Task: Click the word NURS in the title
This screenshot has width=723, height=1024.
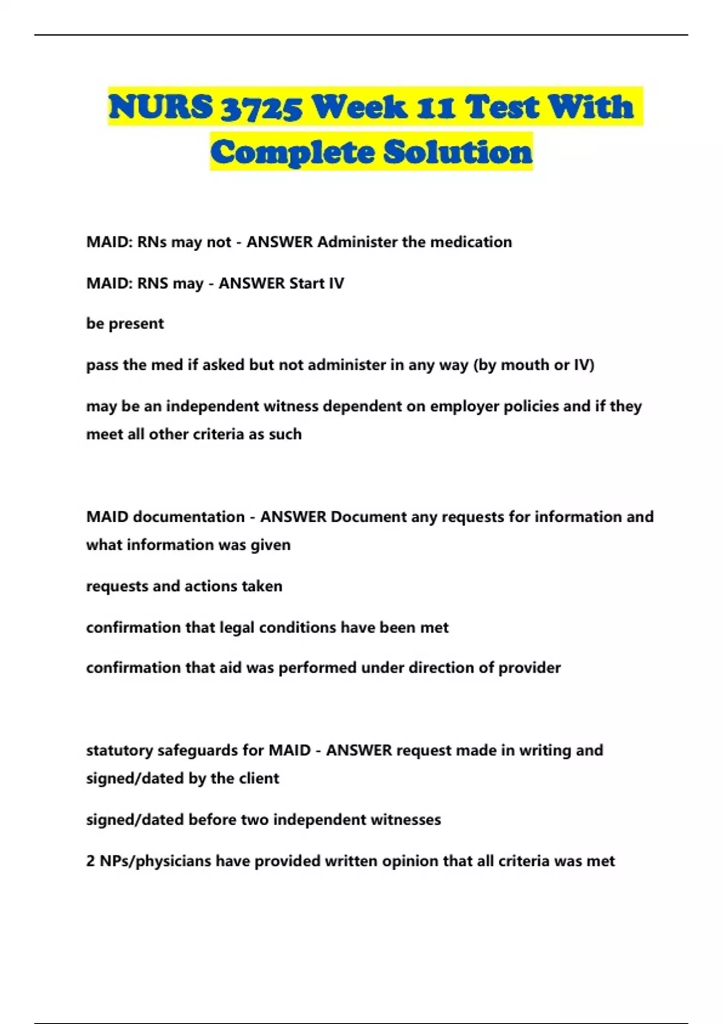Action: [x=160, y=107]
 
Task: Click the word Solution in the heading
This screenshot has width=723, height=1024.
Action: [x=458, y=151]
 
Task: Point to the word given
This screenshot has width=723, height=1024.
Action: [x=275, y=545]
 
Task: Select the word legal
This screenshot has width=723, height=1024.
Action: [x=237, y=628]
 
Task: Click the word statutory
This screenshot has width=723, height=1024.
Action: [x=119, y=751]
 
